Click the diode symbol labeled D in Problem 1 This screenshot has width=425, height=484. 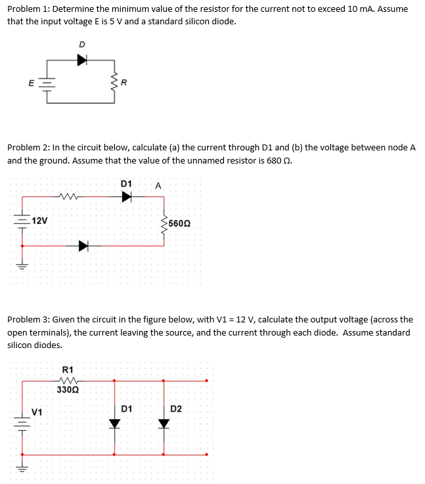[x=82, y=60]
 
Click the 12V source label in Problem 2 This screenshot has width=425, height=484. [x=39, y=220]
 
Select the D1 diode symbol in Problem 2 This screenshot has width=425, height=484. [x=127, y=196]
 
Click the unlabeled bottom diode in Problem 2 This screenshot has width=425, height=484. [x=83, y=246]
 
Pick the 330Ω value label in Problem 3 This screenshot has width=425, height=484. [x=67, y=389]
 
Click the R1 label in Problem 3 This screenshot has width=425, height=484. [x=67, y=370]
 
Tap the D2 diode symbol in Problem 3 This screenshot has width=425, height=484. [x=164, y=422]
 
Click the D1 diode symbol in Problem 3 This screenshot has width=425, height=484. [x=115, y=422]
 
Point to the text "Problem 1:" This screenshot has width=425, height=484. [x=28, y=9]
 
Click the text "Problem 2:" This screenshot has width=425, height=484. [x=28, y=147]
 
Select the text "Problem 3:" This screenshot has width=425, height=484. [x=28, y=320]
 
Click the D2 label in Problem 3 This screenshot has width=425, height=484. [x=177, y=409]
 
